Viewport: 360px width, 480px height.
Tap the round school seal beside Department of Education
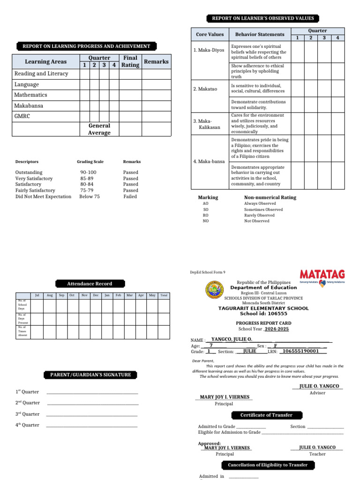[215, 291]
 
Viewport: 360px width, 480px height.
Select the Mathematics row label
[31, 95]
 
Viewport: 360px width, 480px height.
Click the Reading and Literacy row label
[41, 74]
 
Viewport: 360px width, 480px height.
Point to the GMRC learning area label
[22, 116]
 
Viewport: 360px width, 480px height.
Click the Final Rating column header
[130, 61]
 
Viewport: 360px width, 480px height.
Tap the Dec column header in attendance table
[96, 295]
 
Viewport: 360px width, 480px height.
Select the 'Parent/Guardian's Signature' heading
[91, 375]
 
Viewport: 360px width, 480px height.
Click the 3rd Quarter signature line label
[27, 414]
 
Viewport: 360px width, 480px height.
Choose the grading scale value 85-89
[86, 179]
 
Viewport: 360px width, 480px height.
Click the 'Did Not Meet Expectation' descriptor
[43, 197]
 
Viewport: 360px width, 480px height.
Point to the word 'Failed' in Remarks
[130, 197]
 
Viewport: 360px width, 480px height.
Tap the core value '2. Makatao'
[205, 89]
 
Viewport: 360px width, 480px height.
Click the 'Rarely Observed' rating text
[259, 215]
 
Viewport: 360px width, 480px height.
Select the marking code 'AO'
[205, 204]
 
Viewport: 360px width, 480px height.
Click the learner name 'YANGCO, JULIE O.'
[232, 339]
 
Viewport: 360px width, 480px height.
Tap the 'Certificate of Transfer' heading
[266, 415]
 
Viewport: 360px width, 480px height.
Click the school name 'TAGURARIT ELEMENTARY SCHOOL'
[263, 308]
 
